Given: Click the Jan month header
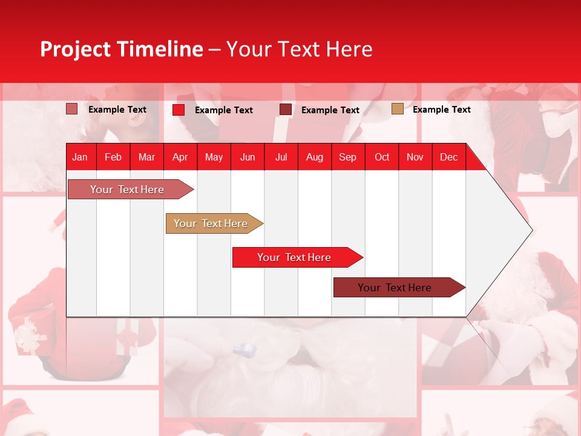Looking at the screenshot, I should (x=80, y=157).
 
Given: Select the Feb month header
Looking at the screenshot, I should (x=113, y=157).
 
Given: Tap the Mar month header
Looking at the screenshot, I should (x=146, y=157).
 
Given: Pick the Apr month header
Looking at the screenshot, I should (x=180, y=157).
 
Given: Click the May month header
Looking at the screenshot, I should (x=214, y=157).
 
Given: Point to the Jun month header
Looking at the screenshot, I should (x=248, y=157).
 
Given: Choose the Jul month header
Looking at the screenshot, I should (x=281, y=157).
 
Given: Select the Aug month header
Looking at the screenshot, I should (x=314, y=157).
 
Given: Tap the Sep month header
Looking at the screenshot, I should (x=347, y=157).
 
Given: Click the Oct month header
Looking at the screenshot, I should (x=382, y=157).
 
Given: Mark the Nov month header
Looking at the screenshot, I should (x=415, y=157).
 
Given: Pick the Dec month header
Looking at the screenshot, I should (x=448, y=157).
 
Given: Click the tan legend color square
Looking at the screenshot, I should (x=397, y=109).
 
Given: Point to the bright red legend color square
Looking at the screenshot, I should (x=179, y=110).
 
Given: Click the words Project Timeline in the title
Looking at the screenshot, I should (x=122, y=49).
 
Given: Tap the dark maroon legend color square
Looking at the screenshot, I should (x=286, y=110).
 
